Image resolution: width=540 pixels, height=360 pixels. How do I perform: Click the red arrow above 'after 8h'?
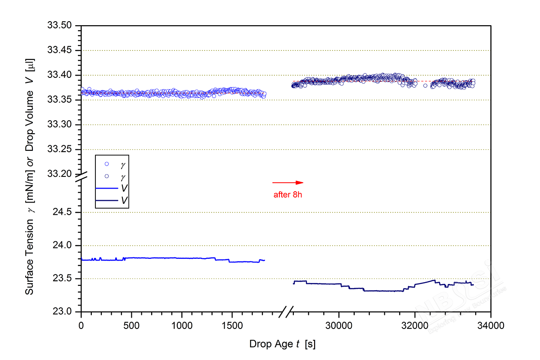(x=288, y=182)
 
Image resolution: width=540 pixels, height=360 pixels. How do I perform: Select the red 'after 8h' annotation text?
(x=288, y=195)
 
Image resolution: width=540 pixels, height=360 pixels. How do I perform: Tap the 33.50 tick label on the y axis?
(x=60, y=26)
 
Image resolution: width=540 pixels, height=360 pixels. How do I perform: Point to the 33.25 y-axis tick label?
(x=60, y=149)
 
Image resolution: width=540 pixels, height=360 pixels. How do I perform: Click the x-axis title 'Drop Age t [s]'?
(x=283, y=344)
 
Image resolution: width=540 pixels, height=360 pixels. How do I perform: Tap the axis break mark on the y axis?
(x=81, y=177)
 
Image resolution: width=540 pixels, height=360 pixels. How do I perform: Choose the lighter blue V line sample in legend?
(x=107, y=188)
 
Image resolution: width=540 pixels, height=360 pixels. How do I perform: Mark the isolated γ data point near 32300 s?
(x=425, y=85)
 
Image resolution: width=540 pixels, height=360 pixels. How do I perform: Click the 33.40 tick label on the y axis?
(x=60, y=75)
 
